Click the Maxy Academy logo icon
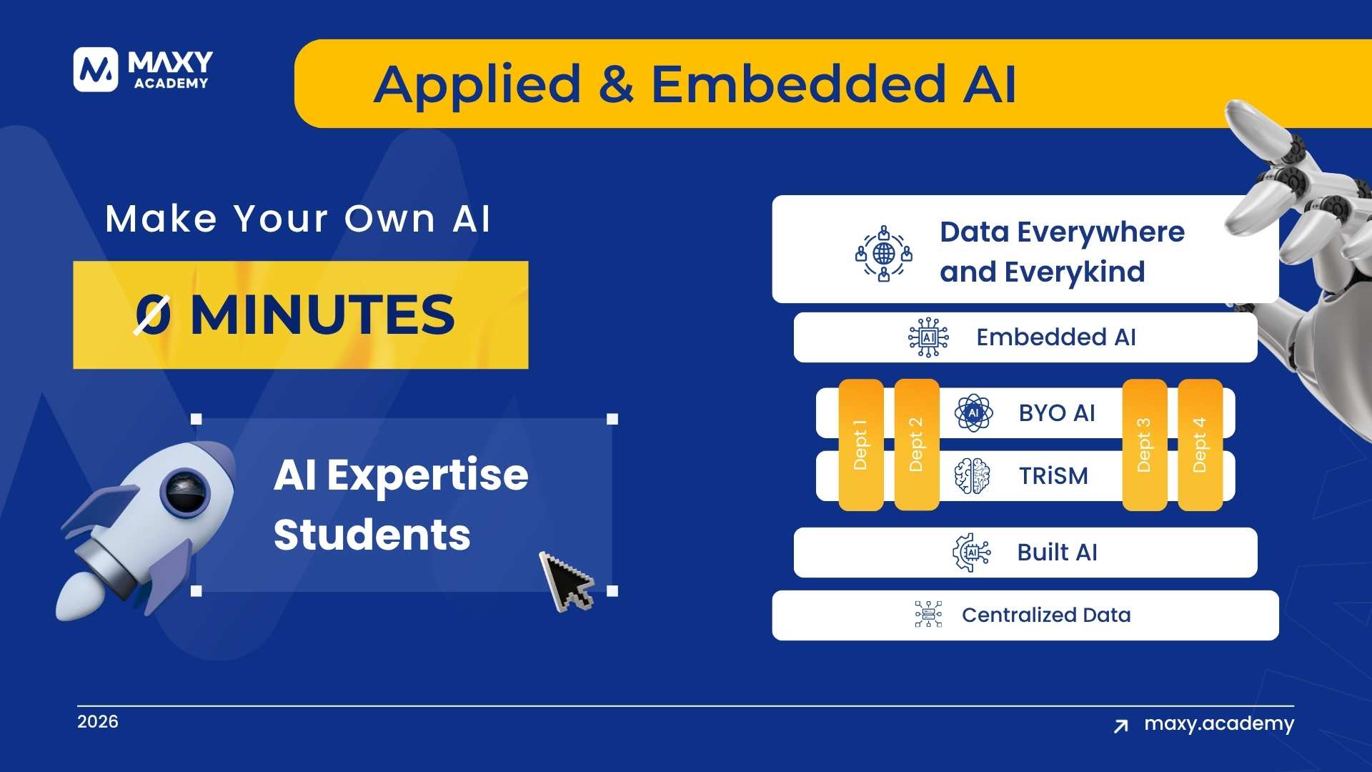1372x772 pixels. click(x=95, y=69)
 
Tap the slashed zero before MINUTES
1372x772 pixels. click(x=153, y=315)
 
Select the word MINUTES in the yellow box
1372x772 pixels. click(x=322, y=315)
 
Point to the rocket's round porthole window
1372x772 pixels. click(x=185, y=493)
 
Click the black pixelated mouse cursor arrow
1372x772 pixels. click(x=567, y=580)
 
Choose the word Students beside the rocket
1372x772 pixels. click(x=372, y=535)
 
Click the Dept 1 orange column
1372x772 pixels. click(x=861, y=445)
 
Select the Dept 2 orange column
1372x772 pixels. click(x=917, y=445)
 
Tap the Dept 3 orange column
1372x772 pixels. click(x=1145, y=445)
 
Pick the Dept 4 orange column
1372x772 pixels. click(x=1200, y=445)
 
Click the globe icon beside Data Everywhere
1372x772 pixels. click(x=884, y=253)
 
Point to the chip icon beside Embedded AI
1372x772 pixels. click(x=928, y=337)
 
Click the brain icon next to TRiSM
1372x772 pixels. click(x=973, y=476)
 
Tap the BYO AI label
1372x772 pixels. click(x=1057, y=413)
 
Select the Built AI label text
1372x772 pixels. click(x=1057, y=553)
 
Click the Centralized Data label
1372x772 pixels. click(x=1046, y=615)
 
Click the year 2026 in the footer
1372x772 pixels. click(x=98, y=722)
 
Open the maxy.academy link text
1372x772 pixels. click(x=1219, y=725)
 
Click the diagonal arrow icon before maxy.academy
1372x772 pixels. click(x=1121, y=726)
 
